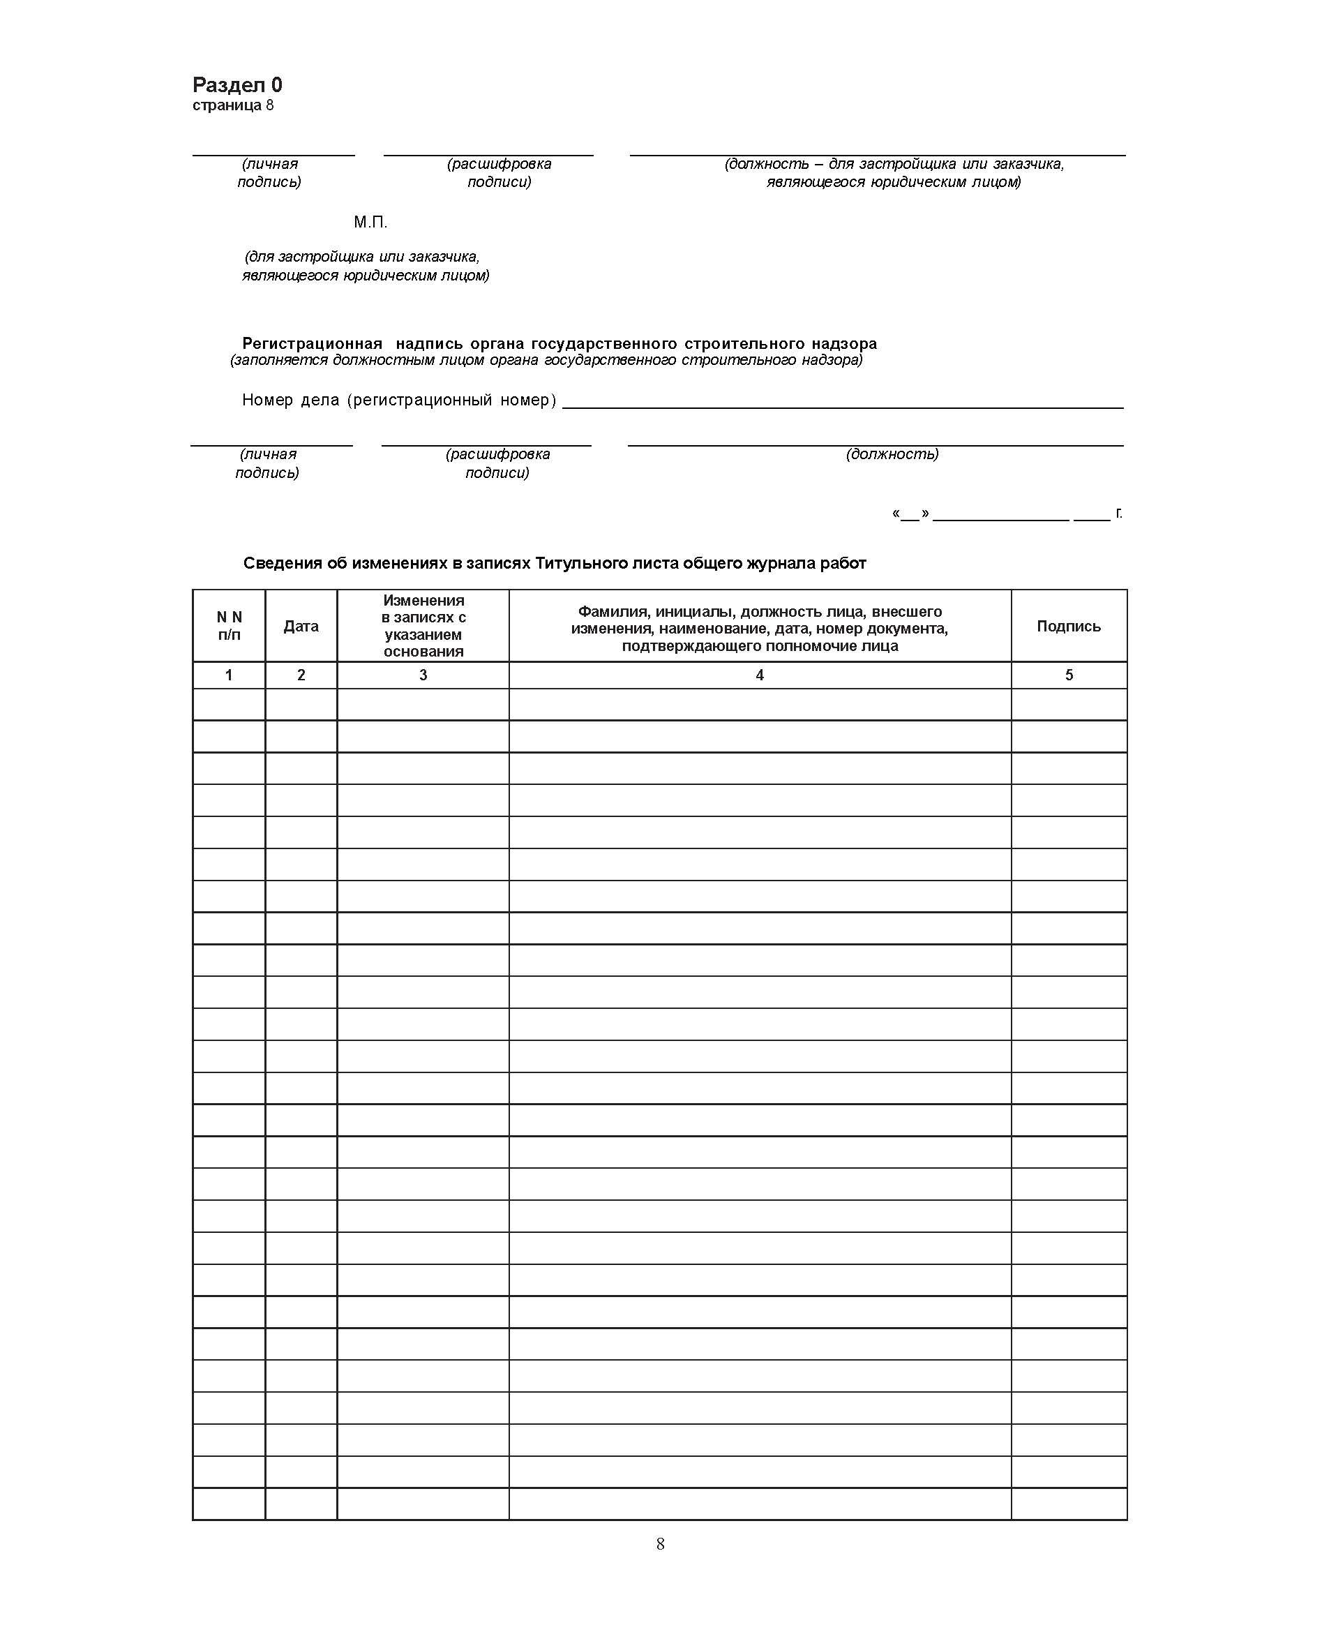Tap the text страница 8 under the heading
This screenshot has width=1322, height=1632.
point(232,105)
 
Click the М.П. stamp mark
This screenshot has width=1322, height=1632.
point(370,223)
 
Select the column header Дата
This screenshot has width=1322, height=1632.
point(301,626)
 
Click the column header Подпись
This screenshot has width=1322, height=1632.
point(1069,626)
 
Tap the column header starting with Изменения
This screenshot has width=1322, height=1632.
point(423,626)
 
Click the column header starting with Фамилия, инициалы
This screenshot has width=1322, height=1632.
point(759,628)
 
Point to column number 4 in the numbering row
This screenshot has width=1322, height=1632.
point(759,675)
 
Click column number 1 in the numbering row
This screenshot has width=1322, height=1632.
point(228,675)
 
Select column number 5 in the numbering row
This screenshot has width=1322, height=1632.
point(1069,675)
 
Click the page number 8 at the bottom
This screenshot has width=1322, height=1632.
point(660,1543)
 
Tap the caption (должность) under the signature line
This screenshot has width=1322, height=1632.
point(892,454)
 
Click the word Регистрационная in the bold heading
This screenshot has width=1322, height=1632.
point(313,343)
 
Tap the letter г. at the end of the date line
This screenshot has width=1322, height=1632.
point(1119,513)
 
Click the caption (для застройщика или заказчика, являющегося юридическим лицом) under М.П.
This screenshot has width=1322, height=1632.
point(365,266)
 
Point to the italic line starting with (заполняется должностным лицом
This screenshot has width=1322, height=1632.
point(546,360)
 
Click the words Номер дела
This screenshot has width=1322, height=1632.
point(290,400)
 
